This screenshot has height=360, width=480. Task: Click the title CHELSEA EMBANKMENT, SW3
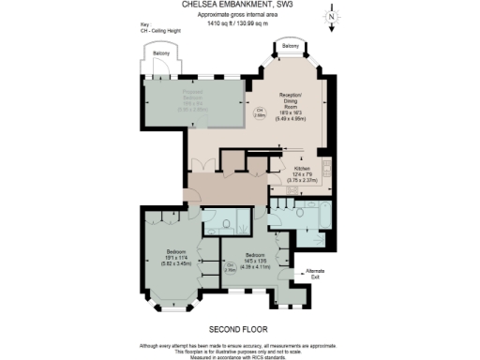click(x=240, y=5)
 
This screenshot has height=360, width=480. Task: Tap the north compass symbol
click(x=332, y=17)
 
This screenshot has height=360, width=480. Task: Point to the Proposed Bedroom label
click(x=194, y=98)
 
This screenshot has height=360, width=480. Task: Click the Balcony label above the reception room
click(x=291, y=45)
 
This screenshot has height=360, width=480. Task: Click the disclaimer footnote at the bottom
click(x=240, y=349)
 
